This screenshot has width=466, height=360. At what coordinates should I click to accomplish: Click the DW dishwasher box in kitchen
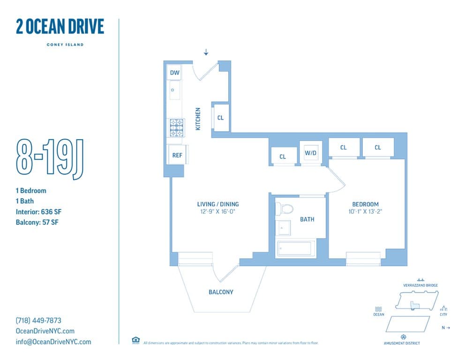(x=174, y=73)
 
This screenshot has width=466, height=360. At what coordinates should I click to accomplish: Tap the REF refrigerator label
(x=177, y=155)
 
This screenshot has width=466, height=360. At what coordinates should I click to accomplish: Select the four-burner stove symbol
(x=176, y=128)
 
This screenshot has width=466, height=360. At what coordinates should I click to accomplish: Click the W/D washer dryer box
(x=310, y=152)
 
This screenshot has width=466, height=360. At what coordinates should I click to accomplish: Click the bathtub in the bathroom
(x=296, y=247)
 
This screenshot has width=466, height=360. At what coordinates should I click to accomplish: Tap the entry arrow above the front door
(x=206, y=52)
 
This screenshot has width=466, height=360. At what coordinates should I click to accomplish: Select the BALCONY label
(x=221, y=292)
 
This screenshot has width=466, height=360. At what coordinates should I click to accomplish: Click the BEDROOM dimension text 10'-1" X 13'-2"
(x=365, y=211)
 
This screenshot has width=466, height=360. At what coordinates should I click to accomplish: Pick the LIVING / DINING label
(x=218, y=204)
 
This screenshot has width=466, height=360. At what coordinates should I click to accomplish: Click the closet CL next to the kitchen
(x=220, y=117)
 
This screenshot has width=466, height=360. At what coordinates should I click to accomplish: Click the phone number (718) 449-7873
(x=38, y=321)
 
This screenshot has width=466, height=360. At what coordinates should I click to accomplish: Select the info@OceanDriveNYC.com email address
(x=53, y=342)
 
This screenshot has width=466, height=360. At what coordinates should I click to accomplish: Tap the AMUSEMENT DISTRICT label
(x=402, y=343)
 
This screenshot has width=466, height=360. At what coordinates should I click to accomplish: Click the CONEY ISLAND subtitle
(x=65, y=45)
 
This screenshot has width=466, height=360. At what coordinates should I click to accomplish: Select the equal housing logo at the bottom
(x=135, y=340)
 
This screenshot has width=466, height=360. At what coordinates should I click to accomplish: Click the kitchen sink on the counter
(x=174, y=90)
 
